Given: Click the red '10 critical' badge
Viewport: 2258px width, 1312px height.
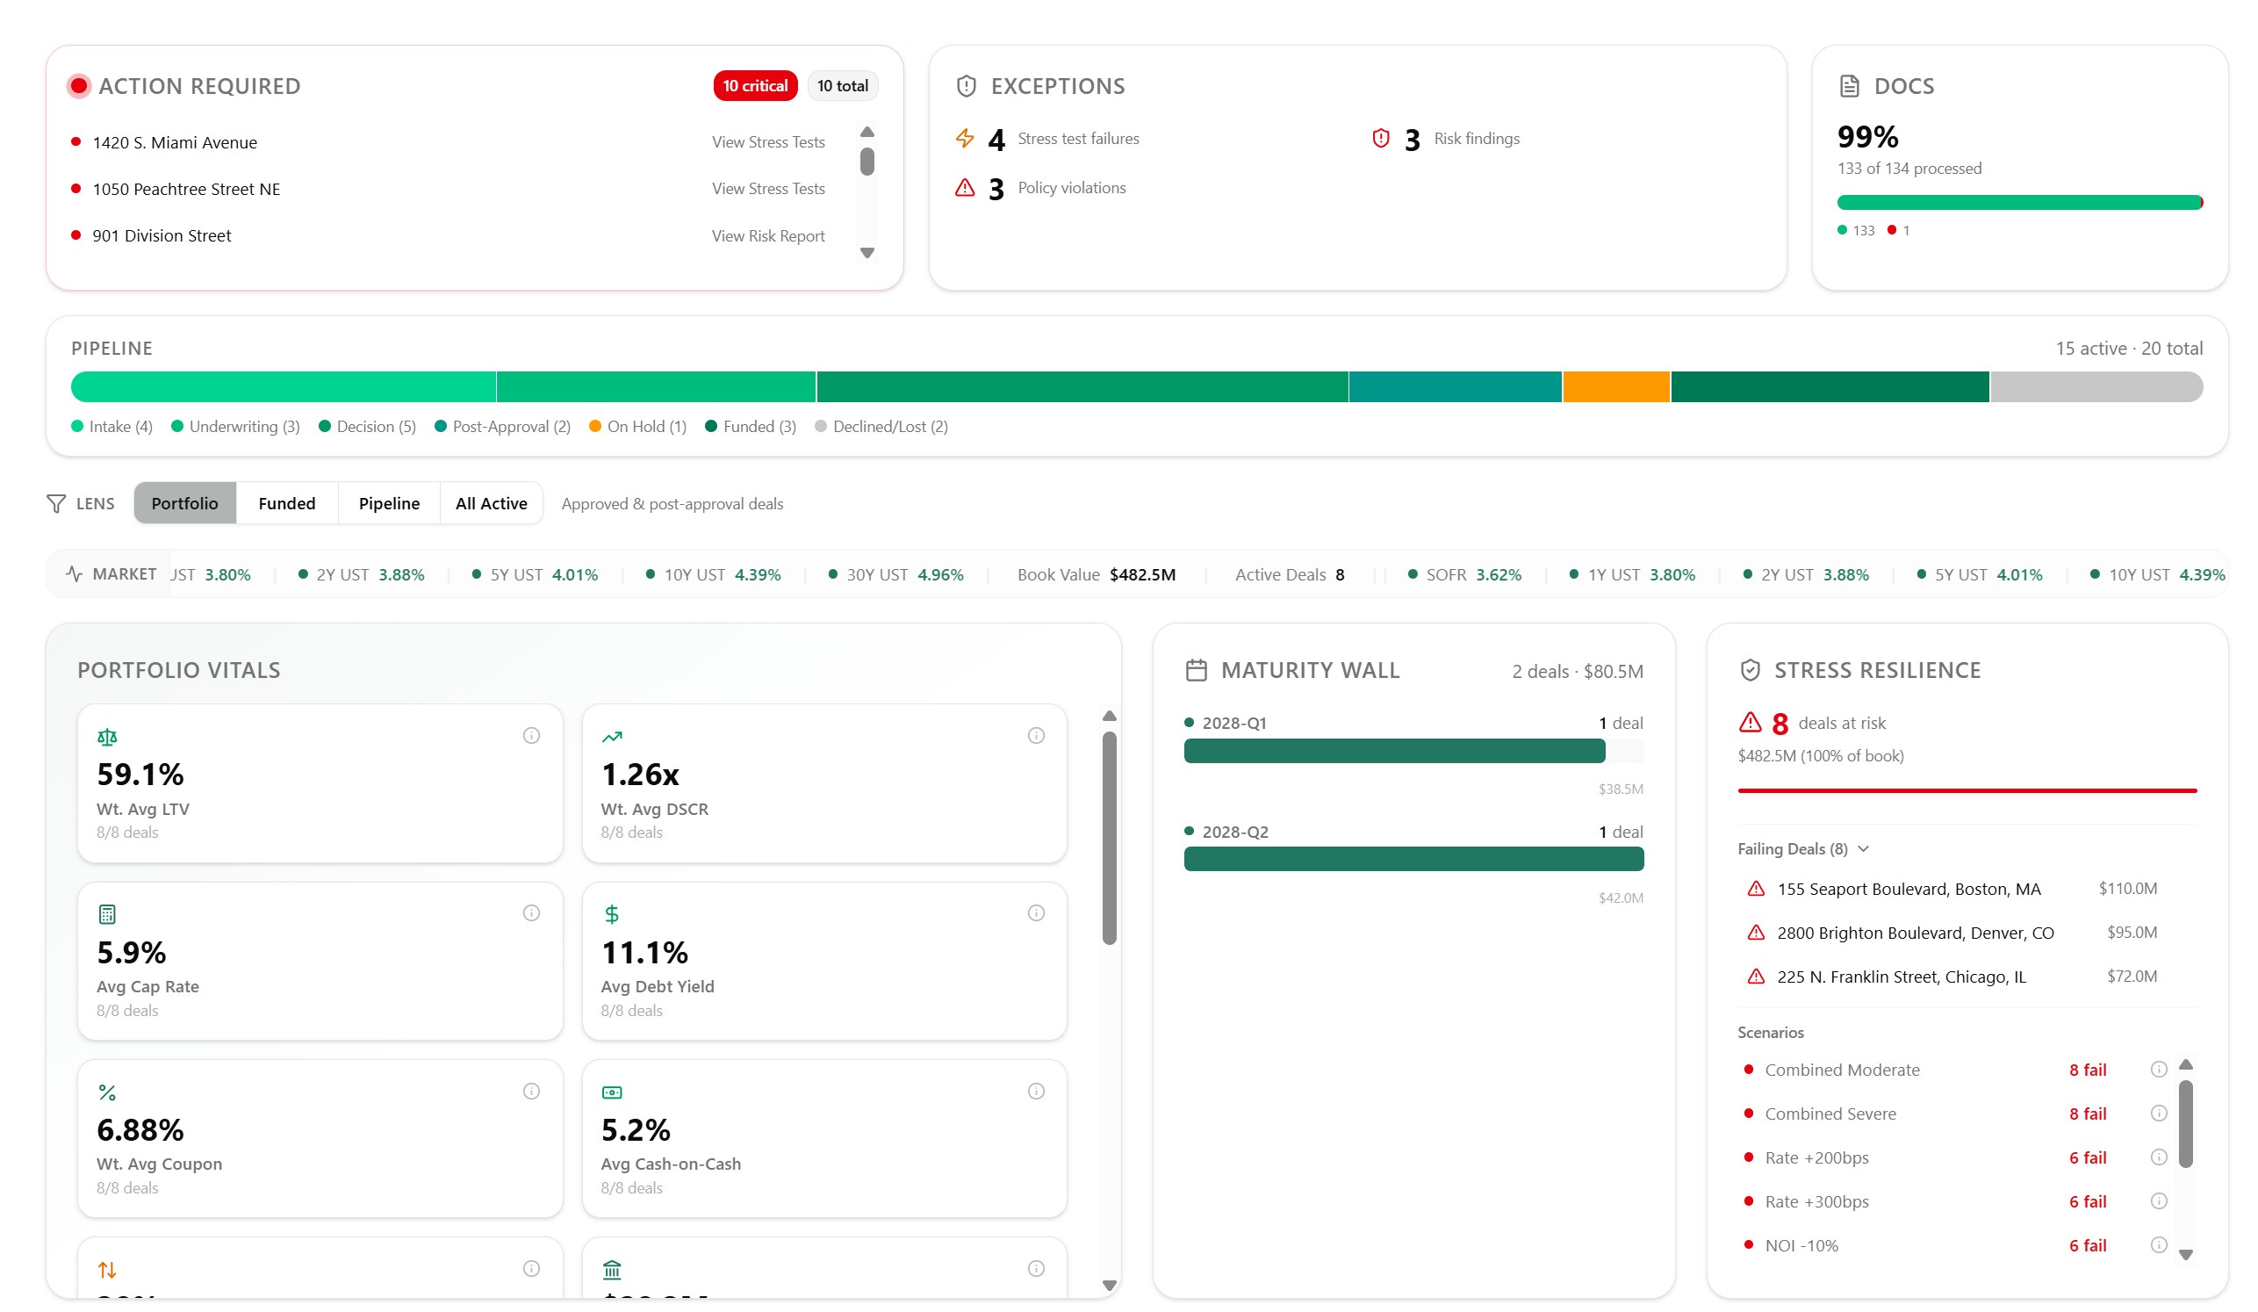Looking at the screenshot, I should point(754,86).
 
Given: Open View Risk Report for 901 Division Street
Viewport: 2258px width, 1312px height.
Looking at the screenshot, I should point(768,235).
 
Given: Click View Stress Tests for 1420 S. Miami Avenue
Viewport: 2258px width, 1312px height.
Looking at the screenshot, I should point(768,142).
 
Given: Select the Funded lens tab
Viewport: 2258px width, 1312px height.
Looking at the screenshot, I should point(287,504).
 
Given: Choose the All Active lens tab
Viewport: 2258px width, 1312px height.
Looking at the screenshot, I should point(491,504).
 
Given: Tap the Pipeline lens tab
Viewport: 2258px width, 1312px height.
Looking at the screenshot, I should point(389,504).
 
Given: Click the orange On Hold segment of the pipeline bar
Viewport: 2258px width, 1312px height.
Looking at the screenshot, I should point(1615,387).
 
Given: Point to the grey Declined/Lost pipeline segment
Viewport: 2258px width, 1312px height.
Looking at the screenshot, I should point(2095,387).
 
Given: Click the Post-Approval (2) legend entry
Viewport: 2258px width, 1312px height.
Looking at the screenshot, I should point(503,427).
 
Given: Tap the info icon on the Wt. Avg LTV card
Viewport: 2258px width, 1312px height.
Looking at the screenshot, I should point(531,736).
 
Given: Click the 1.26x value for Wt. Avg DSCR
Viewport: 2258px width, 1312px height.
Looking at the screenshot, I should point(640,775).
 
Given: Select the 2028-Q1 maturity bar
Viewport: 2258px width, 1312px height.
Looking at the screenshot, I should point(1393,751).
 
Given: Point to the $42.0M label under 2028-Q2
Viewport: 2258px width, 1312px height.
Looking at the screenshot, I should point(1620,898).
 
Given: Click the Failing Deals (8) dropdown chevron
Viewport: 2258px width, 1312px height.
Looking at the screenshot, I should point(1863,848).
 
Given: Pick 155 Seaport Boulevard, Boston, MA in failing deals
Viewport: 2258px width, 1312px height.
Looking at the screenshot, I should point(1909,889).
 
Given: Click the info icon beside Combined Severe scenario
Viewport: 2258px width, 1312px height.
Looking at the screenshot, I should point(2159,1113).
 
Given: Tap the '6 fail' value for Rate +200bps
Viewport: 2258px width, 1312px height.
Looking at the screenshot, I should point(2087,1157).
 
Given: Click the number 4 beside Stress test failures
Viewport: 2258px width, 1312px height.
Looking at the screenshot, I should point(996,141).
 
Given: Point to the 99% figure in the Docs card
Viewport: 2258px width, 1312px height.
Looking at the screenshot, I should point(1867,137).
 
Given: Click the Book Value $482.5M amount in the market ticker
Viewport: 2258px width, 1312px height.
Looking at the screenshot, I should point(1142,574).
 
